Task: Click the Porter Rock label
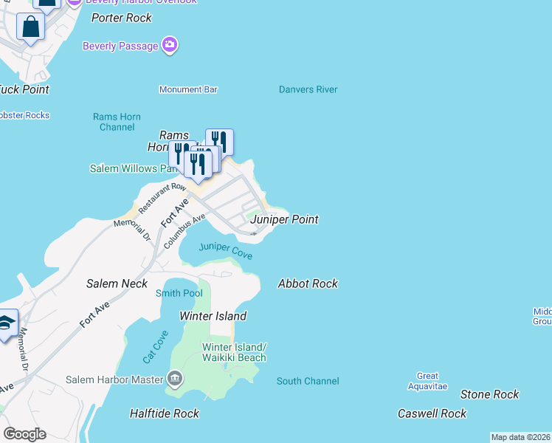tap(121, 18)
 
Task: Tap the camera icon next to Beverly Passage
tap(170, 46)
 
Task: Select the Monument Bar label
tap(188, 89)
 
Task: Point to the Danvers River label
tap(308, 89)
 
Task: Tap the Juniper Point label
tap(284, 219)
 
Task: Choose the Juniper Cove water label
tap(225, 250)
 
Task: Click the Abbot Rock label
tap(308, 284)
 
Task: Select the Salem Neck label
tap(117, 284)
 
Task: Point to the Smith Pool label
tap(179, 293)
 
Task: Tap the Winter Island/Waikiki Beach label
tap(234, 352)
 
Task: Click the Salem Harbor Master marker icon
tap(175, 380)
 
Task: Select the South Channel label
tap(308, 381)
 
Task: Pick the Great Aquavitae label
tap(427, 381)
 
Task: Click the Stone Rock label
tap(489, 395)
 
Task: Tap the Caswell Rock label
tap(432, 413)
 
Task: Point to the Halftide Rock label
tap(165, 413)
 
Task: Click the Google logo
tap(24, 433)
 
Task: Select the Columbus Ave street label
tap(184, 230)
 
